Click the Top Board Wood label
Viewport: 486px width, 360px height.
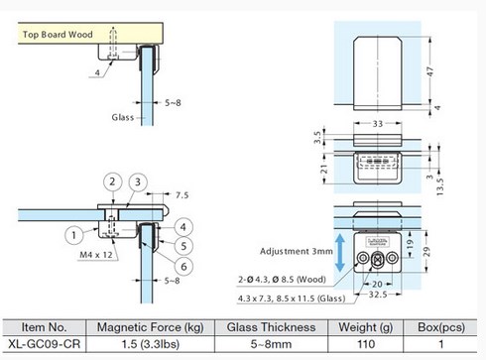point(58,35)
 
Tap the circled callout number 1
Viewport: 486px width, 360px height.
point(74,235)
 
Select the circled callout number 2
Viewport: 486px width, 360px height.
point(113,181)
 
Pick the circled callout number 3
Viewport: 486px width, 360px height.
point(138,182)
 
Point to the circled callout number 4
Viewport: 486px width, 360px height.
point(183,227)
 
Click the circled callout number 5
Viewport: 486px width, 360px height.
point(183,246)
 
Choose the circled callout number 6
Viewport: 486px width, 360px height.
point(184,267)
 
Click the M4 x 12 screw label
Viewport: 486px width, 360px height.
point(96,255)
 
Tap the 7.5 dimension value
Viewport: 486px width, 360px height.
point(182,195)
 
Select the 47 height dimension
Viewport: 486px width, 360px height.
point(429,71)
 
